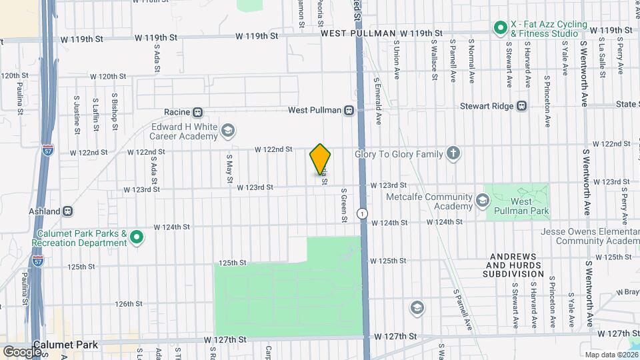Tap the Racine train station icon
pyautogui.click(x=197, y=112)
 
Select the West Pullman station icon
pyautogui.click(x=349, y=111)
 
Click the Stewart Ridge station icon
pyautogui.click(x=522, y=105)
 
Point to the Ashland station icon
pyautogui.click(x=67, y=211)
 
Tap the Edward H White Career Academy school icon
pyautogui.click(x=228, y=130)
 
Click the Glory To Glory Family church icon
pyautogui.click(x=453, y=154)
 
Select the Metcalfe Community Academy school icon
pyautogui.click(x=481, y=199)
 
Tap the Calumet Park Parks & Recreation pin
pyautogui.click(x=137, y=237)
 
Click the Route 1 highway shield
pyautogui.click(x=361, y=213)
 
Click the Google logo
pyautogui.click(x=23, y=351)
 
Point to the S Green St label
pyautogui.click(x=344, y=201)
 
